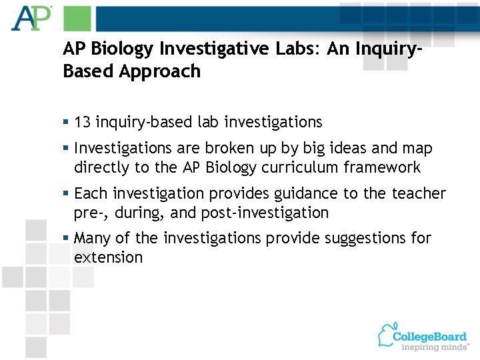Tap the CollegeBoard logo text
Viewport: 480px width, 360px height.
tap(429, 336)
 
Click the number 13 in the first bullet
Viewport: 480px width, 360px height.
tap(83, 122)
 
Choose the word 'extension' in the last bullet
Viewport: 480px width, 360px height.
tap(108, 257)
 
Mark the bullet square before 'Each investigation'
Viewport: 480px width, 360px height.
tap(66, 194)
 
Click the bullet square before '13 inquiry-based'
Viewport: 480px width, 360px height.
tap(66, 123)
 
